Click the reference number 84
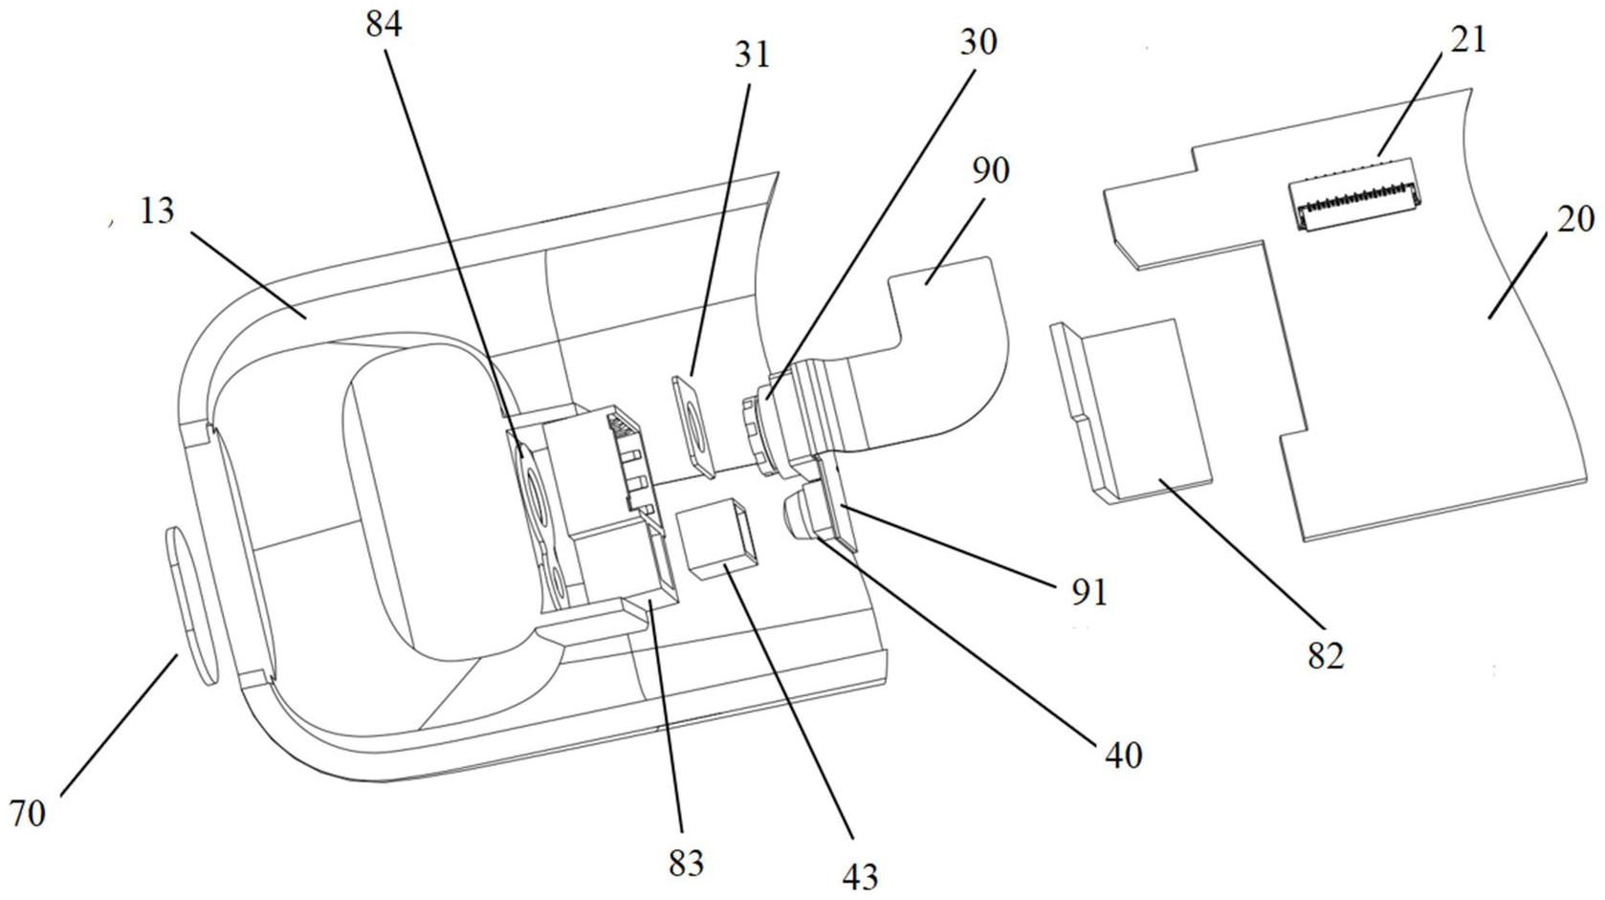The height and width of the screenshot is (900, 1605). [385, 24]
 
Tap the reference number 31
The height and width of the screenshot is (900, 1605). [752, 55]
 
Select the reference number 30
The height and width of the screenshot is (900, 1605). [978, 43]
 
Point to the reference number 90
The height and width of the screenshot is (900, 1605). [991, 170]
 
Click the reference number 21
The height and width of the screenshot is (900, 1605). [1468, 40]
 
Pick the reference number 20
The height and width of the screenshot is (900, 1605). [1575, 219]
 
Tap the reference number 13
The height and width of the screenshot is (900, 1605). [157, 211]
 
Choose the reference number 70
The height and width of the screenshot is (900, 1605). [28, 814]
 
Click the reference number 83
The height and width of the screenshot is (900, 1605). [687, 863]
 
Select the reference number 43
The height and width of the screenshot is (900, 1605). [860, 876]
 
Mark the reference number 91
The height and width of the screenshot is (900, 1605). [1089, 593]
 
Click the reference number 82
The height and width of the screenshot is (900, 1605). [1326, 655]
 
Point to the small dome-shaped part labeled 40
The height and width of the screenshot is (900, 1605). [805, 513]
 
